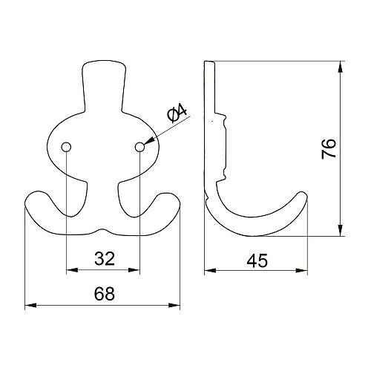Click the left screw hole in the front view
click(x=66, y=147)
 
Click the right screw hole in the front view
click(x=139, y=147)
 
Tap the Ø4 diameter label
click(x=177, y=114)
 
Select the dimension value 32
click(x=105, y=259)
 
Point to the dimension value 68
click(x=105, y=294)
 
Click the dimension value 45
click(x=257, y=260)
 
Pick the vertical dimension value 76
click(x=329, y=148)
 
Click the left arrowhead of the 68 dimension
click(x=30, y=306)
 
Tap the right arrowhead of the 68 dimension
click(x=174, y=306)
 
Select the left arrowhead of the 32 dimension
click(x=72, y=270)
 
